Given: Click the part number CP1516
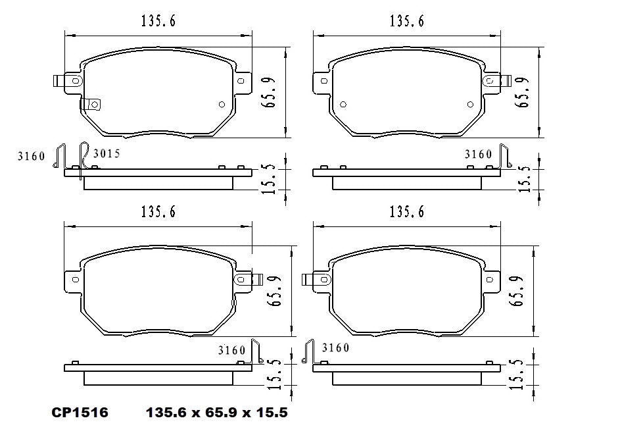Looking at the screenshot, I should point(80,413).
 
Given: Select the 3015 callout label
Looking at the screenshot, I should point(107,154).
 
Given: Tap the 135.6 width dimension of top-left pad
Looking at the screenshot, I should point(158,22).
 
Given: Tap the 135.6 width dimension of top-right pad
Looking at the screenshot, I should point(406,22).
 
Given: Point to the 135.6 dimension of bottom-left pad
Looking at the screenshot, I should point(158,213).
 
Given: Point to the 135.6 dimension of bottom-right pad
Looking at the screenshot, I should point(406,213).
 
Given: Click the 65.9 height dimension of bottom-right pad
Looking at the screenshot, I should point(517,290).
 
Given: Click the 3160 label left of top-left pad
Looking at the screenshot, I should point(32,157).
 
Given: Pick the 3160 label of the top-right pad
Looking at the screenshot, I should point(478,155).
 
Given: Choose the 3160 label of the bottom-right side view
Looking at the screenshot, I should point(335,347).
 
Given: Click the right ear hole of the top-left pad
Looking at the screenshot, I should point(241,81).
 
